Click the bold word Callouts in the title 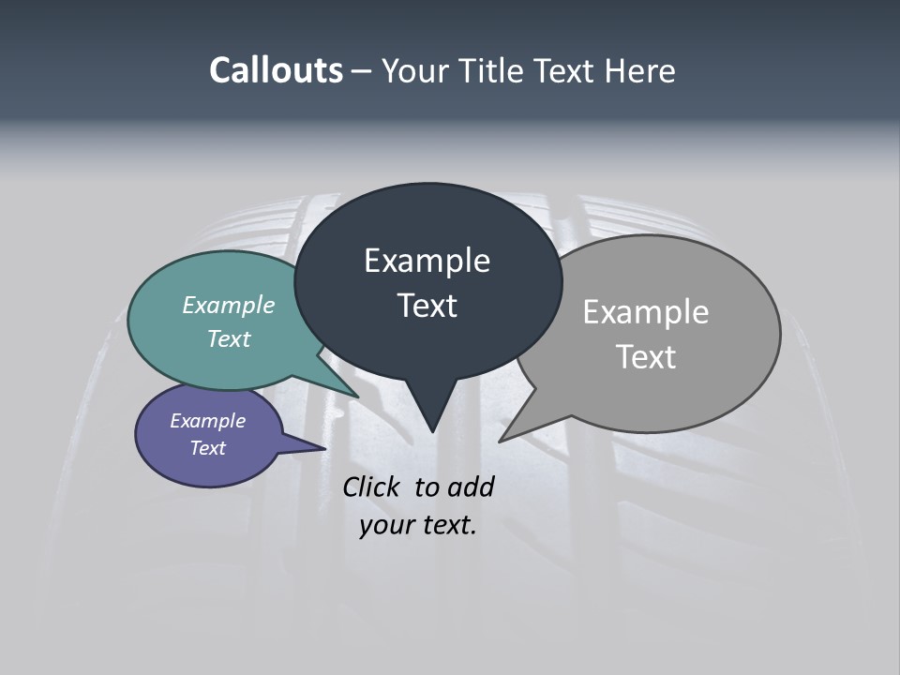(x=276, y=71)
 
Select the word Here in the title (x=639, y=71)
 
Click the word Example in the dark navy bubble (x=427, y=261)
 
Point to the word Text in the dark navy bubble (x=427, y=306)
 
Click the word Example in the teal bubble (x=228, y=305)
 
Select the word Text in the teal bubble (x=228, y=338)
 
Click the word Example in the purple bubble (x=207, y=421)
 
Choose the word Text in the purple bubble (x=207, y=448)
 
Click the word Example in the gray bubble (x=645, y=312)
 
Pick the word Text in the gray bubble (x=645, y=357)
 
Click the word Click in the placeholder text (x=373, y=487)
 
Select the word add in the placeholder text (x=470, y=487)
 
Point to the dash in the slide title (x=363, y=71)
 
